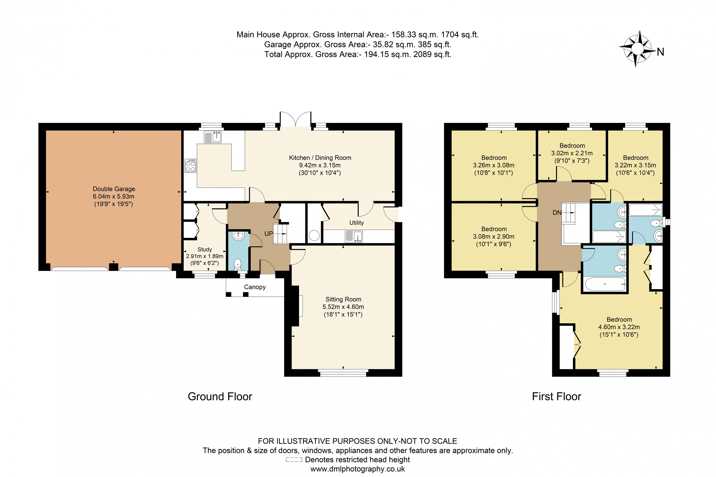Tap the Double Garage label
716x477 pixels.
(x=114, y=189)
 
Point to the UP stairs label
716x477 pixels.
(x=268, y=234)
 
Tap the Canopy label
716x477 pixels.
(x=255, y=287)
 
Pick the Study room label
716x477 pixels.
(x=204, y=249)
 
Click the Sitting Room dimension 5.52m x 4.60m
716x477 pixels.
(x=343, y=307)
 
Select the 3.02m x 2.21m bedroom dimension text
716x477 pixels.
(x=572, y=153)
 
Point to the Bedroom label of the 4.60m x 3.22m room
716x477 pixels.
(x=619, y=319)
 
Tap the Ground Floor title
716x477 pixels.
(x=220, y=397)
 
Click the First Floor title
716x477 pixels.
(x=556, y=397)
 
